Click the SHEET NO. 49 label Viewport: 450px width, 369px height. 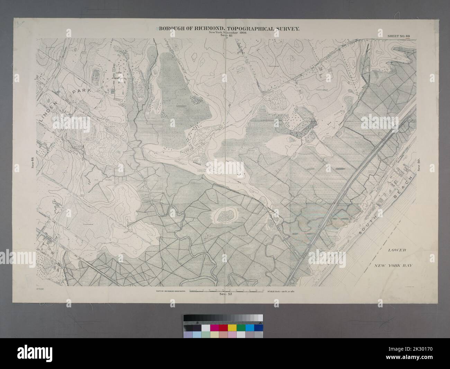point(397,36)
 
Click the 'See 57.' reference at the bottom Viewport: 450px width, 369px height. point(226,294)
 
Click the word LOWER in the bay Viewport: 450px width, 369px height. point(394,250)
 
